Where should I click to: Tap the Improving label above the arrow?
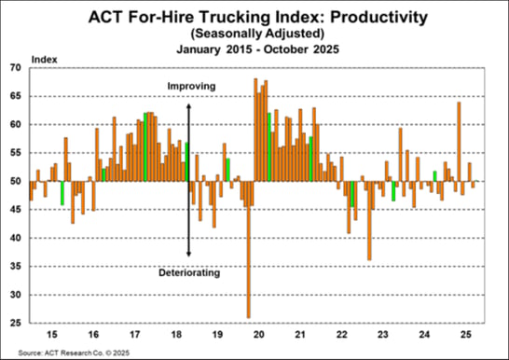pos(191,87)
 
